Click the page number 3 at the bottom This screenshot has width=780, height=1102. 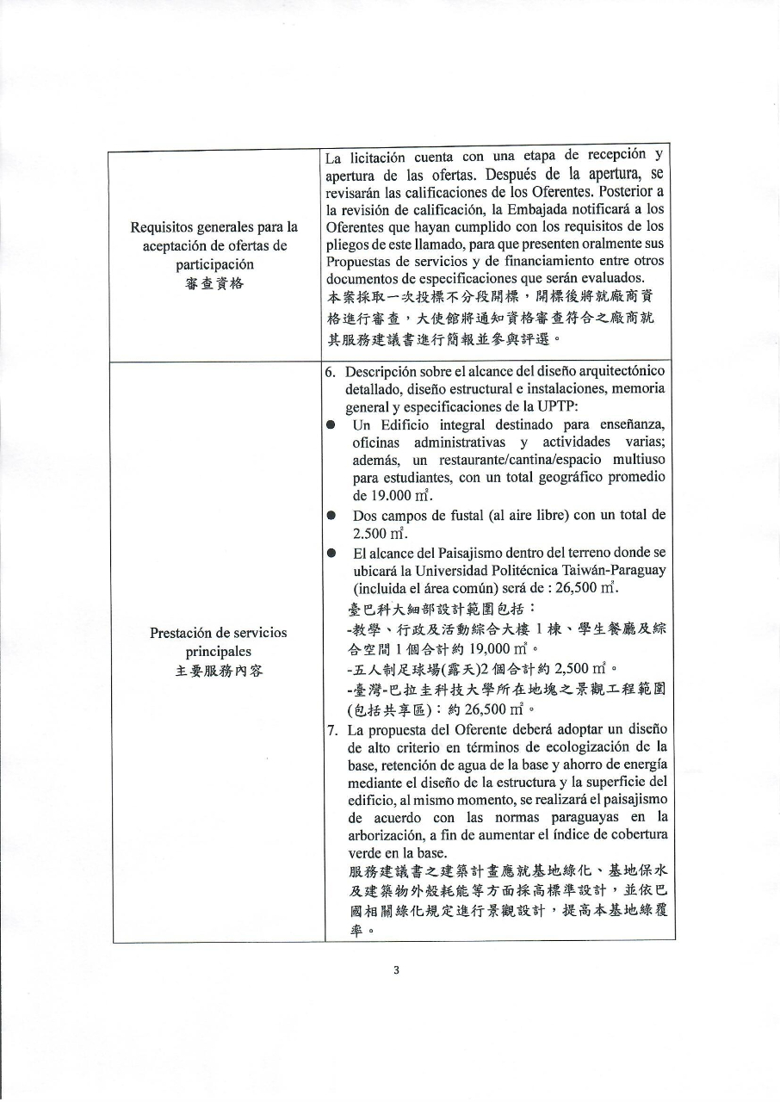pos(396,970)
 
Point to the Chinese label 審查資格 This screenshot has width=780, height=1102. pos(214,282)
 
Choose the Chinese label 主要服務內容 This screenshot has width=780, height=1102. pos(214,671)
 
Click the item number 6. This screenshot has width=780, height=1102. pos(331,371)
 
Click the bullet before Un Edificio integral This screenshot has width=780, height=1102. pos(331,425)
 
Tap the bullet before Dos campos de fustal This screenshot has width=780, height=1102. pos(331,516)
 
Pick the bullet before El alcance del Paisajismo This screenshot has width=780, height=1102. pos(331,552)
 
